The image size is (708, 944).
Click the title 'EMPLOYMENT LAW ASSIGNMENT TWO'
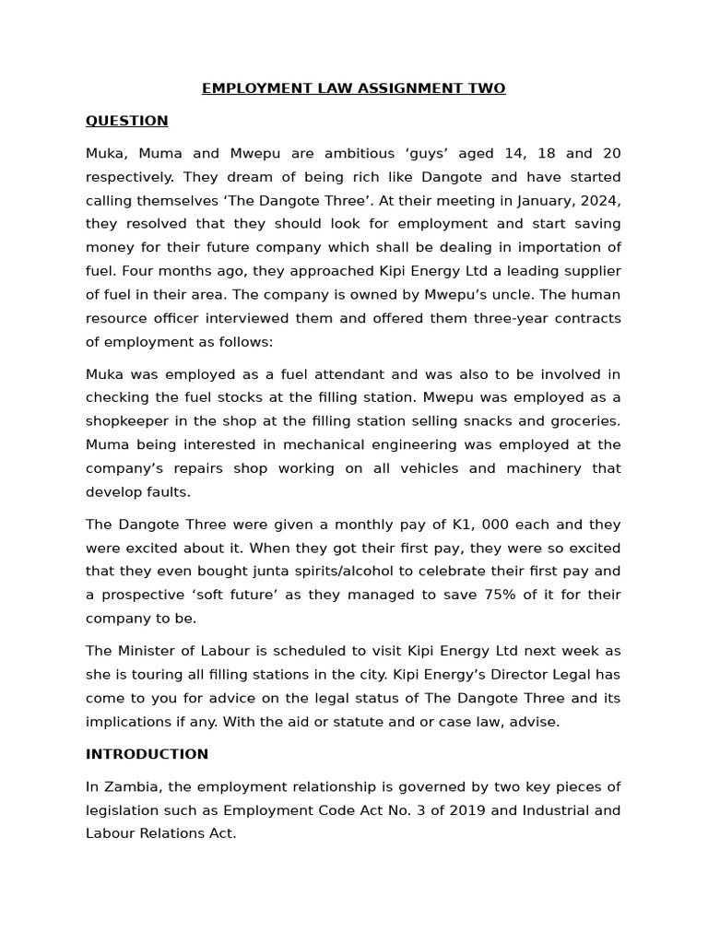click(353, 88)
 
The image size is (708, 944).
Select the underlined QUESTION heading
click(126, 121)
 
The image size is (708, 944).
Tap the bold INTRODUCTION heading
click(147, 754)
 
